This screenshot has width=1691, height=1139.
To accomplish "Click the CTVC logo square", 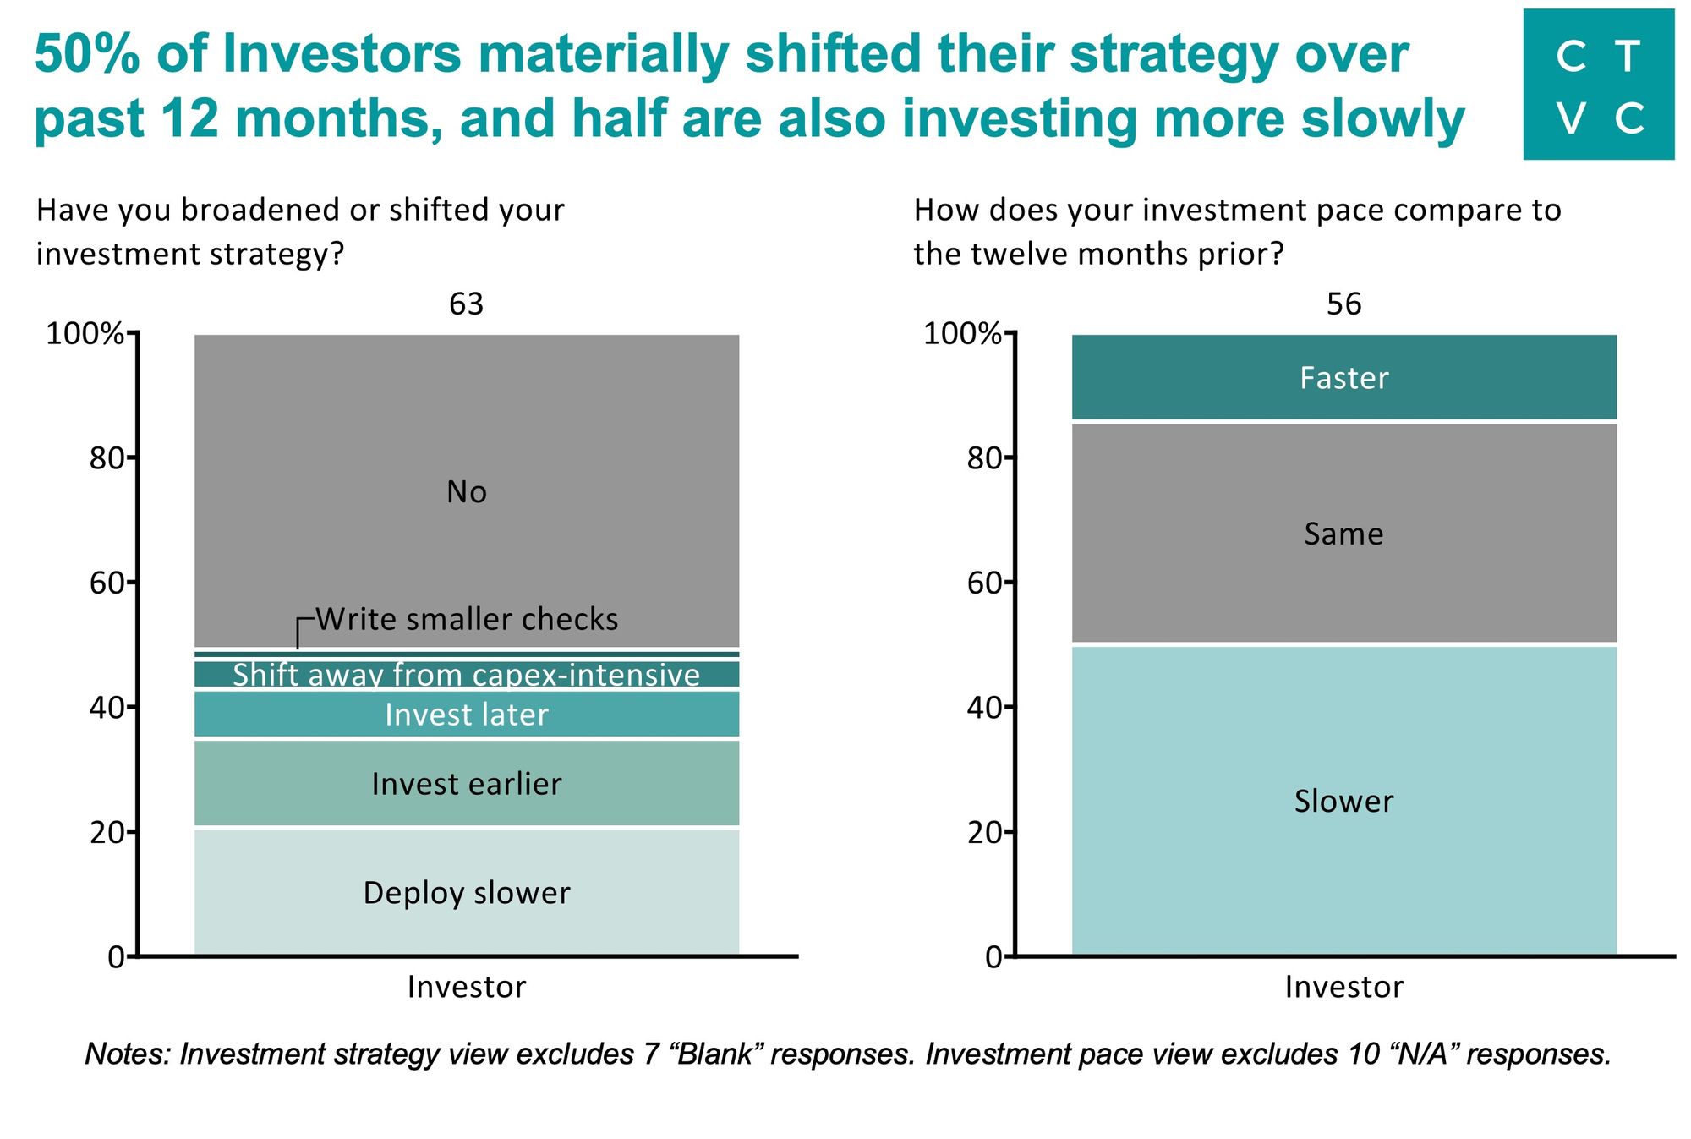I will coord(1598,85).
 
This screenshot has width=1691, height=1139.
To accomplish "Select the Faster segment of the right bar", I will coord(1343,377).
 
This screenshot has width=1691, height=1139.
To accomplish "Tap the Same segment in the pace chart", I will coord(1343,534).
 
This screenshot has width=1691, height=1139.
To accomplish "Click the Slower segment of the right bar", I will coord(1343,800).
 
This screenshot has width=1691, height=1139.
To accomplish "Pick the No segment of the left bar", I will coord(467,491).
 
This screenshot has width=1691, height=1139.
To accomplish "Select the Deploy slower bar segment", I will coord(467,893).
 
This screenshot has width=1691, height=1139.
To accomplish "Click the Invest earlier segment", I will coord(467,784).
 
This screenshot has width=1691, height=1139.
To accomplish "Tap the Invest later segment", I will coord(467,715).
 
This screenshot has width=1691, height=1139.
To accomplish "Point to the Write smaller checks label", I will coord(467,619).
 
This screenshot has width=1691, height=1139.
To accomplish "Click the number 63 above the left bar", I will coord(467,304).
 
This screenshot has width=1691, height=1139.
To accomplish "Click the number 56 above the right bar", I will coord(1343,304).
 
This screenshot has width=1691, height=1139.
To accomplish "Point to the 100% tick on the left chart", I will coord(85,334).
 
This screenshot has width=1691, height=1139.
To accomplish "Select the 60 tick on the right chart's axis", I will coord(985,583).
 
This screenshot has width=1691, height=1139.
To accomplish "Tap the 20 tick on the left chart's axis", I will coord(107,832).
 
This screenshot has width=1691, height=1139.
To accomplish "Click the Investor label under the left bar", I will coord(467,987).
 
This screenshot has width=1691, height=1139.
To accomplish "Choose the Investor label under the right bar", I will coord(1343,987).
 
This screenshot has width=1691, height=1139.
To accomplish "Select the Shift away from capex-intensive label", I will coord(467,675).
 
